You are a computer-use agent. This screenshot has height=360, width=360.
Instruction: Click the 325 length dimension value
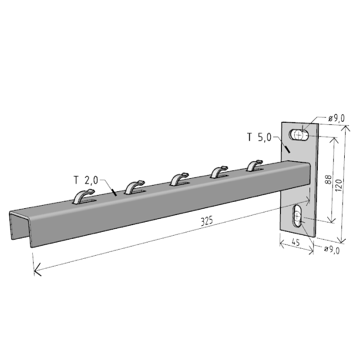pos(207,221)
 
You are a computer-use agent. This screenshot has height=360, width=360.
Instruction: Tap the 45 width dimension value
pos(296,242)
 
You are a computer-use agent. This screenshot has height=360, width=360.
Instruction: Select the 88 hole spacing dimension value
pos(328,179)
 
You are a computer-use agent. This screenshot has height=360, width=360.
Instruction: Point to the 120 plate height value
pos(338,185)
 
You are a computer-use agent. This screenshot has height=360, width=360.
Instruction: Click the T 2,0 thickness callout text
pos(86,180)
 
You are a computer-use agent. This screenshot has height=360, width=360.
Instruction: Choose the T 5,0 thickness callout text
pos(259,137)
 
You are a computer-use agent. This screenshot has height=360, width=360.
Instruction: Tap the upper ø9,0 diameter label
pos(337,118)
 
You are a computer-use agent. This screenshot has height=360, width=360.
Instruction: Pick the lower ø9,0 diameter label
pos(332,250)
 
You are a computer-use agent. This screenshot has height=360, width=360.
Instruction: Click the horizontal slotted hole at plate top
pos(299,134)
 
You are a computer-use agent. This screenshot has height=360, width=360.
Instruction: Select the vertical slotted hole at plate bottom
pos(297,217)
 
